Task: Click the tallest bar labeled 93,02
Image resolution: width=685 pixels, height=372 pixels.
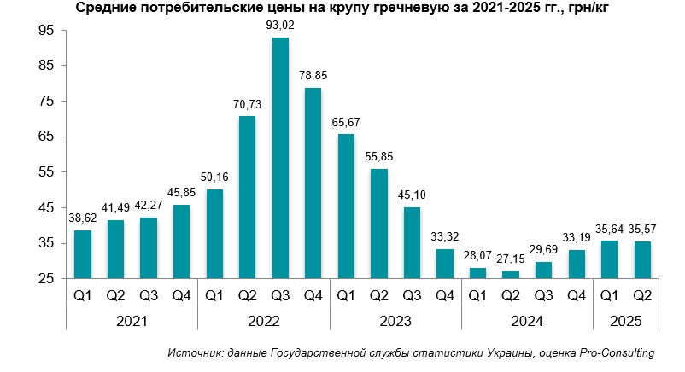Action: coord(280,158)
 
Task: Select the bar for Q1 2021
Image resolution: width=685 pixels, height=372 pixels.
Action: coord(82,254)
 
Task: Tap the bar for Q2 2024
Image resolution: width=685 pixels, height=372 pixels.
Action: coord(512,275)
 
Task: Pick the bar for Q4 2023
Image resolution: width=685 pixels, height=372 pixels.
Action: coord(445,264)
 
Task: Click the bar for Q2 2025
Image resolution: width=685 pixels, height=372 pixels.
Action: coord(643,259)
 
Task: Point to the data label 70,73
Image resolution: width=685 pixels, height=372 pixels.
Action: coord(247,105)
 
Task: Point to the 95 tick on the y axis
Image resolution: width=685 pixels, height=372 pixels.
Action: coord(47,30)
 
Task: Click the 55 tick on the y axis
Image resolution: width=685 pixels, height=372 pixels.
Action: coord(47,172)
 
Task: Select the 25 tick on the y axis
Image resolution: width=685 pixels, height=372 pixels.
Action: coord(47,279)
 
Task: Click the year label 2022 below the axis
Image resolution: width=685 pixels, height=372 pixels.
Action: coord(263,322)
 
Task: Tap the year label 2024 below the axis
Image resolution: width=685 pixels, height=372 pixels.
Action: coord(528,322)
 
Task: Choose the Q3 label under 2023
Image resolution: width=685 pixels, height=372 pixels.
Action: coord(412,297)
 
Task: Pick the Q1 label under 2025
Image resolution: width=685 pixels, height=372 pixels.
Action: coord(610,297)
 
